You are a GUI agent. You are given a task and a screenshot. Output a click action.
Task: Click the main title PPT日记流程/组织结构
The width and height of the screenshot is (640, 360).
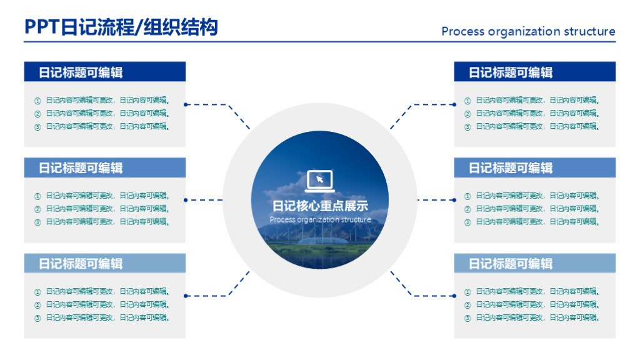tap(121, 27)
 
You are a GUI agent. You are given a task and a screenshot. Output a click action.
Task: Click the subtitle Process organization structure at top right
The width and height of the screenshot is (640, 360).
tap(528, 31)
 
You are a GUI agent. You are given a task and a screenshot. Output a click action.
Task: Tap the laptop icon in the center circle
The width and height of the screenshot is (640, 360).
tap(320, 181)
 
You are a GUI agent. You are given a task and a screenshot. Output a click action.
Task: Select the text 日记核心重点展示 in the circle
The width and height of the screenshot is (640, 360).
tap(320, 206)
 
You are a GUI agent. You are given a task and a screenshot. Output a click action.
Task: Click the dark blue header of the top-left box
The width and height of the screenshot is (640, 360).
tap(105, 72)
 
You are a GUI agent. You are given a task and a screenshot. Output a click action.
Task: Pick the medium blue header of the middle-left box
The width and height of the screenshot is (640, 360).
tap(105, 167)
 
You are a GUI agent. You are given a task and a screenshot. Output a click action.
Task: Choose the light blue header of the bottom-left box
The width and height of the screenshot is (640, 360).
tap(105, 263)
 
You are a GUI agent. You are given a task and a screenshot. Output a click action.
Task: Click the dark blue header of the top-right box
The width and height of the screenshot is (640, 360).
tap(534, 72)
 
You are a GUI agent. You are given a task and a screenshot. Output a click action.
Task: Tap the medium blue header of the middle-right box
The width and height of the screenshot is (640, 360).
tap(534, 167)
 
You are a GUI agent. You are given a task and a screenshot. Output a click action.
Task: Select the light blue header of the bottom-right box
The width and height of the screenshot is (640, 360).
tap(534, 263)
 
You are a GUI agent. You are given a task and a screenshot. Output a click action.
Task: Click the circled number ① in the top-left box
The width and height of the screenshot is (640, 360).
tap(37, 100)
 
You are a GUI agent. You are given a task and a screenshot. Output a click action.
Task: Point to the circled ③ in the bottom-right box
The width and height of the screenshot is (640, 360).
tap(467, 318)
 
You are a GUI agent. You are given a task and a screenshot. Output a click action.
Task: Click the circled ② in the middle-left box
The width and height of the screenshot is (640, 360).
tap(37, 209)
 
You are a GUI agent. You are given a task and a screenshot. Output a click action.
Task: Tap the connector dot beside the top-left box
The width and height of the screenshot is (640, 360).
tap(186, 104)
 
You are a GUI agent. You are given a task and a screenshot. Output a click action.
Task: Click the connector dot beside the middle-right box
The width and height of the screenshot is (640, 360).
tap(454, 200)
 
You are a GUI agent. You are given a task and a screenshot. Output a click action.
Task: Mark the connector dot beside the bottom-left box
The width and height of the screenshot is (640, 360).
tap(186, 296)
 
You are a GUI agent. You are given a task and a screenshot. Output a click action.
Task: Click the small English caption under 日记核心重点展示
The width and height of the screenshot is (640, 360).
tap(320, 220)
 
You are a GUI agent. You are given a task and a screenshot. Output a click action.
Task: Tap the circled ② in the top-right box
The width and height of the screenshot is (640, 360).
tap(467, 114)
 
